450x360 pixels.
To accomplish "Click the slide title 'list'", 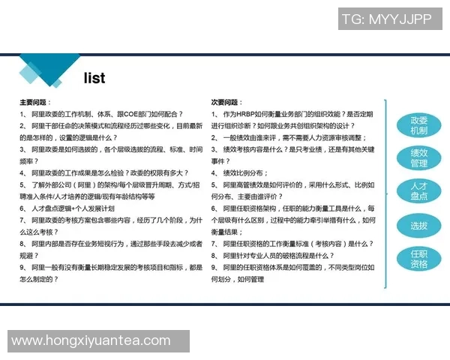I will pyautogui.click(x=94, y=78).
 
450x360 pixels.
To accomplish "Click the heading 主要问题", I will pyautogui.click(x=34, y=101).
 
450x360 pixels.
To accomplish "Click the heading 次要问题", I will pyautogui.click(x=227, y=101).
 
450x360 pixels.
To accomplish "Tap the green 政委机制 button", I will pyautogui.click(x=418, y=125).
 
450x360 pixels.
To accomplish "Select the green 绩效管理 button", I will pyautogui.click(x=418, y=158).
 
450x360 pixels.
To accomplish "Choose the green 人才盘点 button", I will pyautogui.click(x=418, y=190).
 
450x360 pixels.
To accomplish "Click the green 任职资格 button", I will pyautogui.click(x=418, y=259).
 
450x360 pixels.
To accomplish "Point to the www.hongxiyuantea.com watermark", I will pyautogui.click(x=90, y=341).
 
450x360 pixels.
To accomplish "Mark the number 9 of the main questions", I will pyautogui.click(x=22, y=267).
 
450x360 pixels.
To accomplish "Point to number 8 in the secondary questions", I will pyautogui.click(x=214, y=255).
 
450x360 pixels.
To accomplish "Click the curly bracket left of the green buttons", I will pyautogui.click(x=386, y=193).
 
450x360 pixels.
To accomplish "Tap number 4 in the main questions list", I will pyautogui.click(x=22, y=172).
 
